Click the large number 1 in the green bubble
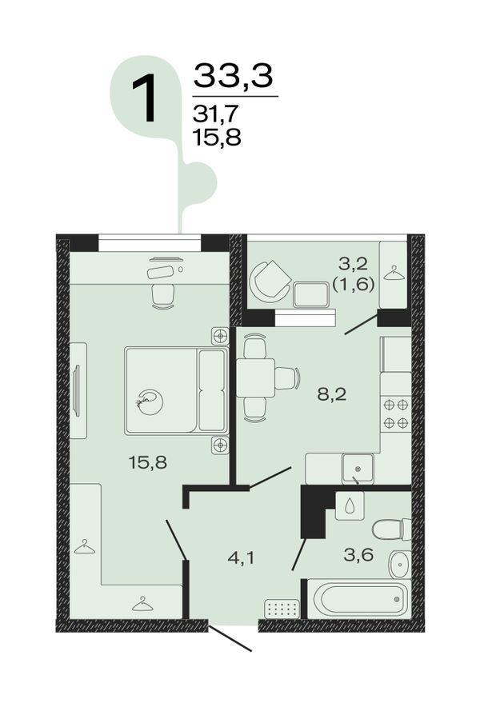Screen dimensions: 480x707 [144, 98]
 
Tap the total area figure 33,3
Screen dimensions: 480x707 [234, 75]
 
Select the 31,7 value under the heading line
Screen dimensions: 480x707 [214, 114]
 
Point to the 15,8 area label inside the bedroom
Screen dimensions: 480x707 [148, 461]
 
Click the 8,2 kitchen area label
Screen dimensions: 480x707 [331, 394]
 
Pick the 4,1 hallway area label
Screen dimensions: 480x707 [241, 558]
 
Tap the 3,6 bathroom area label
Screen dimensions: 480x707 [358, 554]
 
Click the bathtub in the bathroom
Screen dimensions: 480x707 [358, 599]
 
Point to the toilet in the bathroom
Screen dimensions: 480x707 [391, 529]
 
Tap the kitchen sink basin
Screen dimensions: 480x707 [358, 468]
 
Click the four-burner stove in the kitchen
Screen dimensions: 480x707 [396, 413]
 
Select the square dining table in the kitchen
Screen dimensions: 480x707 [256, 377]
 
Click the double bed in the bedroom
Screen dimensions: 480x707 [176, 390]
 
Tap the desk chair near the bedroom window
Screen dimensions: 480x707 [162, 296]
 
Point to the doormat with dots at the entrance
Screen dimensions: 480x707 [282, 609]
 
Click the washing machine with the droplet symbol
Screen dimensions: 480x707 [350, 505]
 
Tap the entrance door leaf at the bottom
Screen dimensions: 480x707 [230, 637]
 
